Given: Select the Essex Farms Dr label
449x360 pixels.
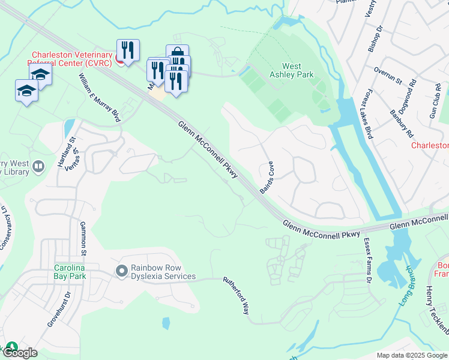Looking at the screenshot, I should pyautogui.click(x=367, y=260).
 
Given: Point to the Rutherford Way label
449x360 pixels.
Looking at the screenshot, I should pyautogui.click(x=236, y=296).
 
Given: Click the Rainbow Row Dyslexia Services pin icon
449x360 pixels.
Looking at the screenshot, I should pyautogui.click(x=121, y=272).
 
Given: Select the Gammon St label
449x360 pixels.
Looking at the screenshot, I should pyautogui.click(x=83, y=237).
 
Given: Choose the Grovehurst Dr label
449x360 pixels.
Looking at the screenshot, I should pyautogui.click(x=58, y=310).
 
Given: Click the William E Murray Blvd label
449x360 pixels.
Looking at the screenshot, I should pyautogui.click(x=100, y=98).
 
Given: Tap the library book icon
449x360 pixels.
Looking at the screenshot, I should pyautogui.click(x=38, y=166).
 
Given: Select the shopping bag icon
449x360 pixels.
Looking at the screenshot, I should pyautogui.click(x=177, y=53).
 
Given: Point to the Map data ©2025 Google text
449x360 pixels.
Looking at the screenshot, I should pyautogui.click(x=411, y=355).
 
